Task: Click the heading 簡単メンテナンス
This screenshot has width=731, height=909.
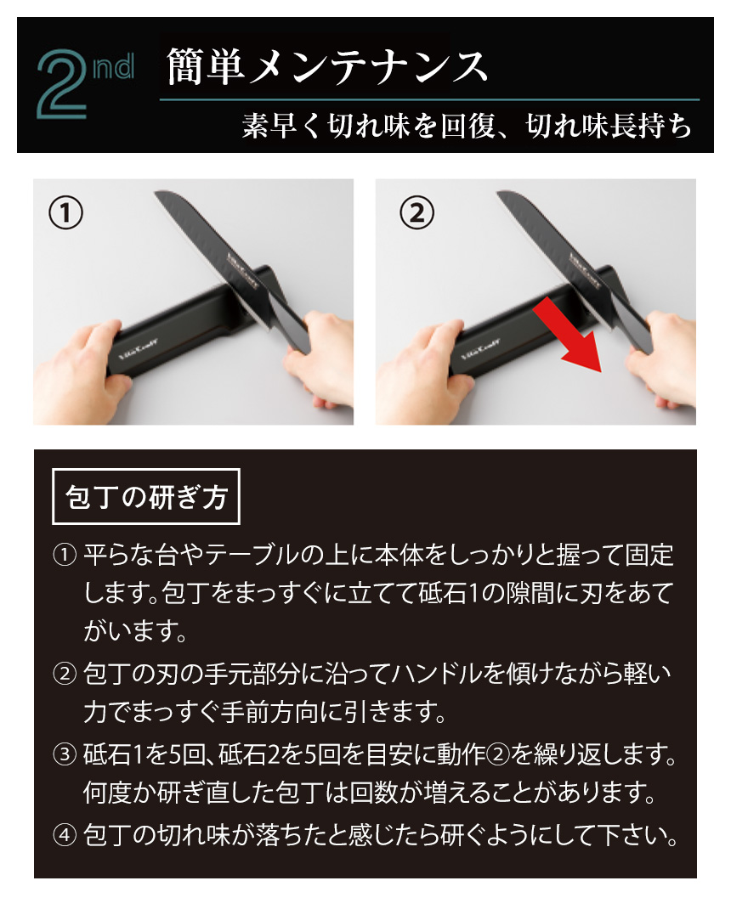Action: click(327, 66)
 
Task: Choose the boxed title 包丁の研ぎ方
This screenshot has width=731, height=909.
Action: click(146, 496)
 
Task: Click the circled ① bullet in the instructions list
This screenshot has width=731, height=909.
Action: click(65, 556)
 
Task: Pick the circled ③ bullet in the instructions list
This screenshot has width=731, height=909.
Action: click(65, 753)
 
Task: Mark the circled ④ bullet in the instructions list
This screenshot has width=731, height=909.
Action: click(65, 833)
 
